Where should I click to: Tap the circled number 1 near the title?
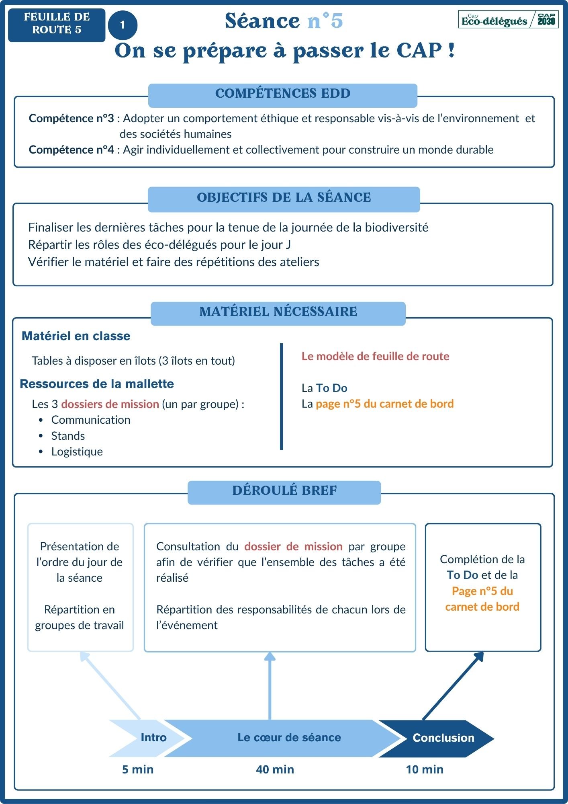(x=123, y=25)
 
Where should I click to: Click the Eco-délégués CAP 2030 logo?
(x=508, y=20)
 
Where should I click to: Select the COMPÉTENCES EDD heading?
(x=283, y=94)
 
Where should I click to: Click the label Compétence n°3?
(x=71, y=119)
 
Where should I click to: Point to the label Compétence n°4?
(x=71, y=150)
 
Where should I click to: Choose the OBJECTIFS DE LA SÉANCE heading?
(x=284, y=198)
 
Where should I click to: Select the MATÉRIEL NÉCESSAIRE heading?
(x=278, y=312)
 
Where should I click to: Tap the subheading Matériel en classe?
(x=76, y=336)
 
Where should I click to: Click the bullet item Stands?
(x=68, y=436)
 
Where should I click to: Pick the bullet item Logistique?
(x=77, y=452)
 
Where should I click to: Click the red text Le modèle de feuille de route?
(x=375, y=357)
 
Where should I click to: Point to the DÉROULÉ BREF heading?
(x=284, y=491)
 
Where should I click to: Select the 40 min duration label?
(x=275, y=769)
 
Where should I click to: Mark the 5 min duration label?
(x=138, y=769)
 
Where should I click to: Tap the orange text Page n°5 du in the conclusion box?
(x=482, y=591)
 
